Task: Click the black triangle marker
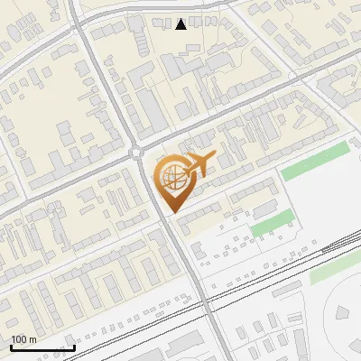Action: coord(181,24)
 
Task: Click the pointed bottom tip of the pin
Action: coord(172,212)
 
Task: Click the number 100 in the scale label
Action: coord(19,339)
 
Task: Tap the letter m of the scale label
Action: coord(32,339)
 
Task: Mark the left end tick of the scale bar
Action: coord(11,347)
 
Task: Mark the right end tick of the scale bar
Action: coord(74,347)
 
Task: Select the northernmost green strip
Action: coord(313,162)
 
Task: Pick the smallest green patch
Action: coord(272,222)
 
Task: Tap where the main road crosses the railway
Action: coord(206,299)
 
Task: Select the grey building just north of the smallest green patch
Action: coord(264,208)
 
